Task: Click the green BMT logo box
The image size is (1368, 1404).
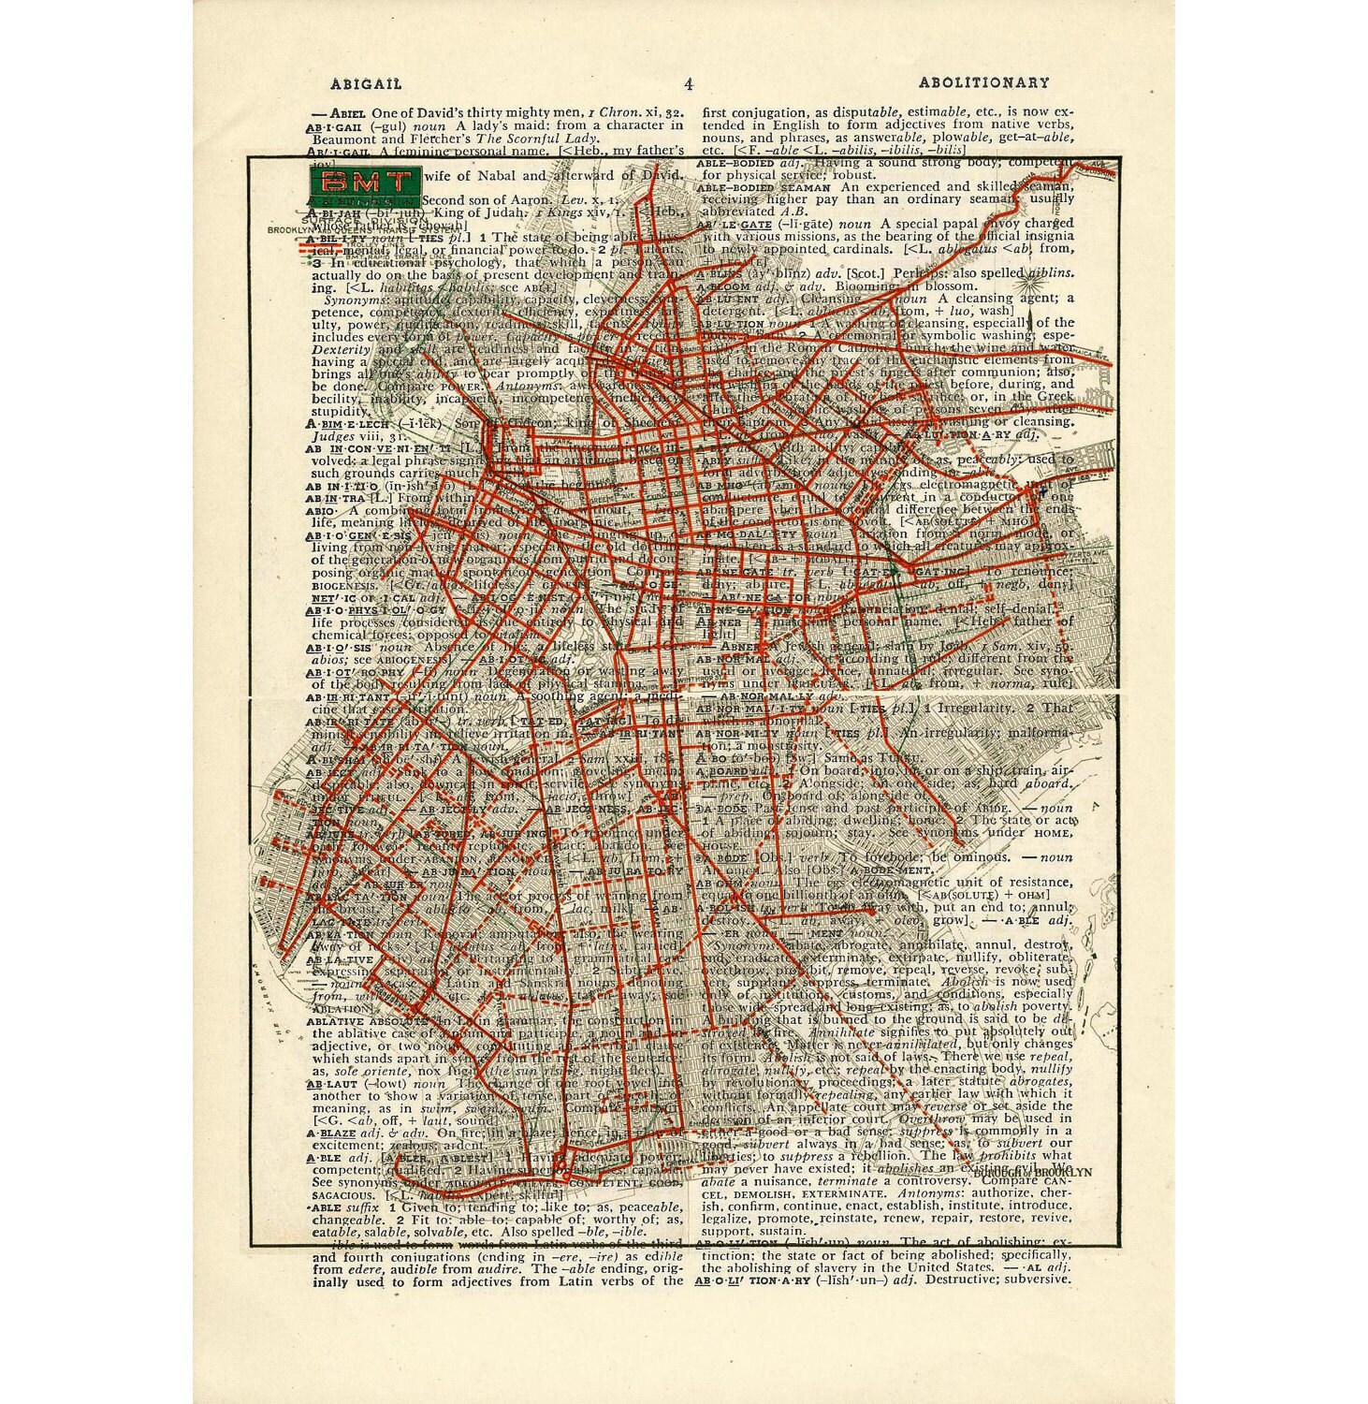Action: (x=365, y=183)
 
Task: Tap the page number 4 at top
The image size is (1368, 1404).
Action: (x=689, y=84)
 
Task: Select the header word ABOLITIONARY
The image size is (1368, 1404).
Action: (x=983, y=82)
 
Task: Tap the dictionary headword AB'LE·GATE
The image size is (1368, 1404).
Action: (x=735, y=224)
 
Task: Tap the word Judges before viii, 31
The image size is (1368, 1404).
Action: (x=334, y=435)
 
